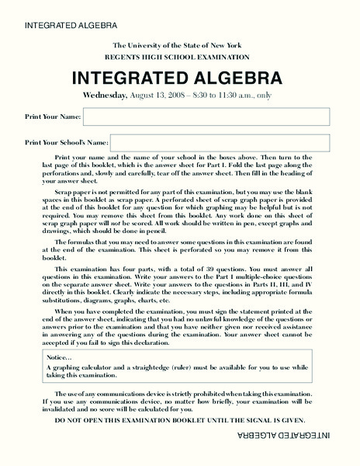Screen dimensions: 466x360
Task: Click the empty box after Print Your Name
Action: coord(206,116)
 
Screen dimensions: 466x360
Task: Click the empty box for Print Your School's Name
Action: coord(220,143)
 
